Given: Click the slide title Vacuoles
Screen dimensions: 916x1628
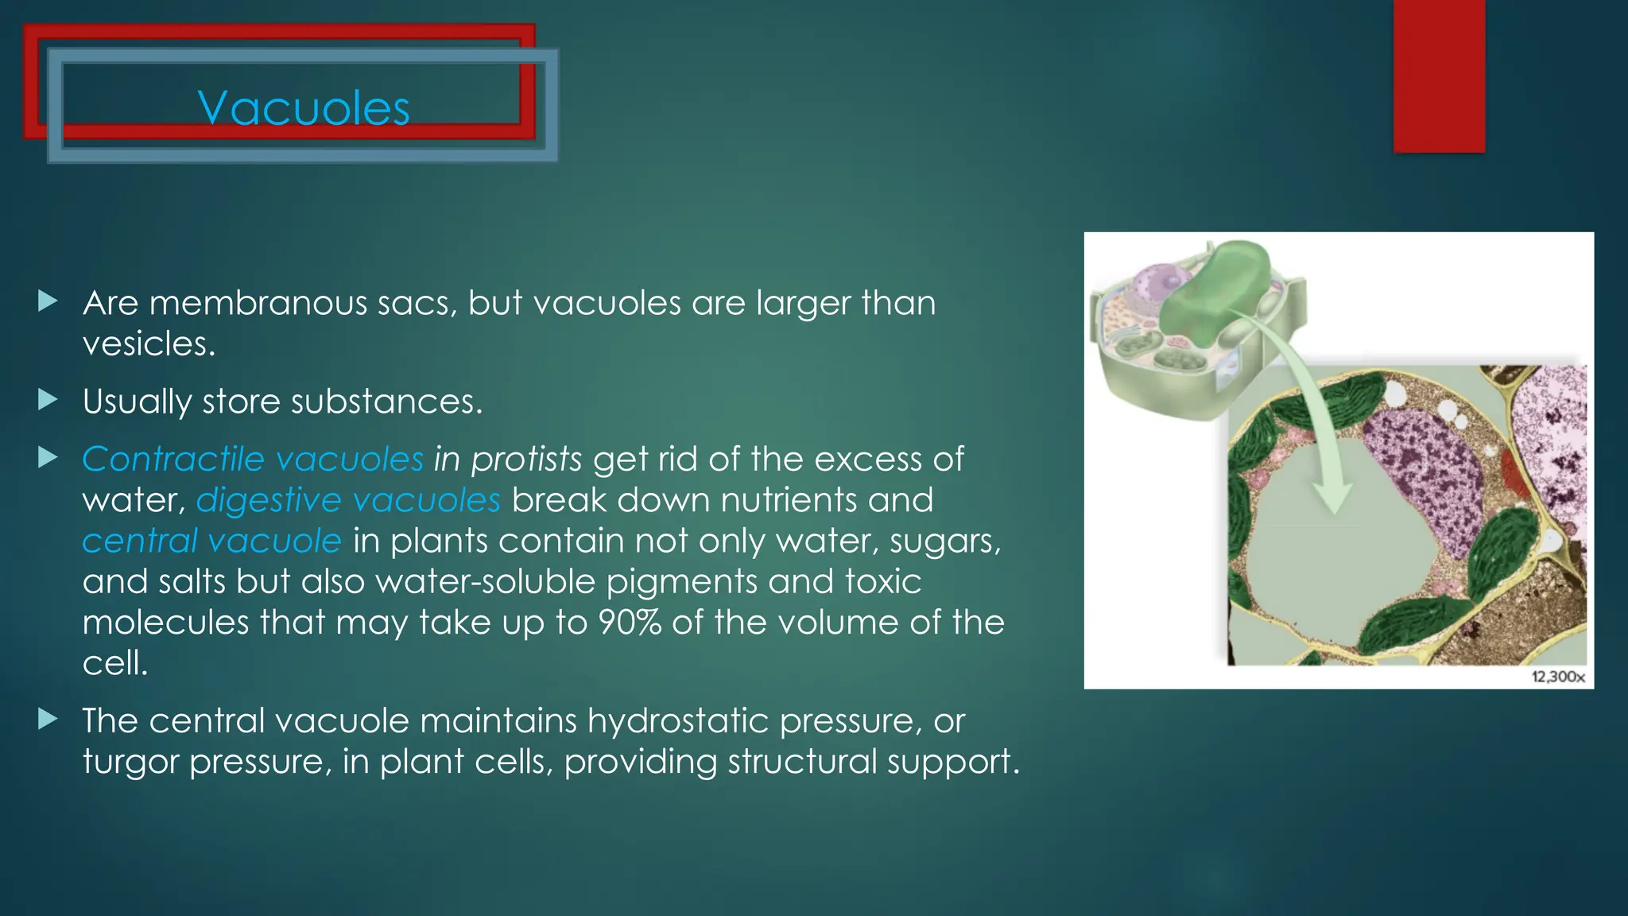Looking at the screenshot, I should pos(304,108).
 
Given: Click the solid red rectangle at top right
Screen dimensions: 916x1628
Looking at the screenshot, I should pos(1439,76).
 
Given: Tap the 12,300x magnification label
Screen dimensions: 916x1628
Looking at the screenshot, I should pos(1557,677).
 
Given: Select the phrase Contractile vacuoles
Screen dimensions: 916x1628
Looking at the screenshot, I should pos(253,459).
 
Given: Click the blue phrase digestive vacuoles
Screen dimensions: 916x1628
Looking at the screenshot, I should pos(348,500).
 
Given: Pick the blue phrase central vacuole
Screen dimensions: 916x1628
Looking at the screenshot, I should pos(211,541).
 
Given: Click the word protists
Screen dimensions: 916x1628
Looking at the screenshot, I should pos(526,459).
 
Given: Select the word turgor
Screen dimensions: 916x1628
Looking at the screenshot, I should pos(130,762).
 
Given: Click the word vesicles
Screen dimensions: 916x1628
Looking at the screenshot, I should pos(148,343).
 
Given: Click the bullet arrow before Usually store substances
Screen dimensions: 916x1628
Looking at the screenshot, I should pos(48,400).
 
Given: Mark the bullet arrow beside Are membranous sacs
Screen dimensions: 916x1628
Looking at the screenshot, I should pos(48,301).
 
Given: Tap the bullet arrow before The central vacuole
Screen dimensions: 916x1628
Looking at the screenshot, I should pos(48,720).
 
